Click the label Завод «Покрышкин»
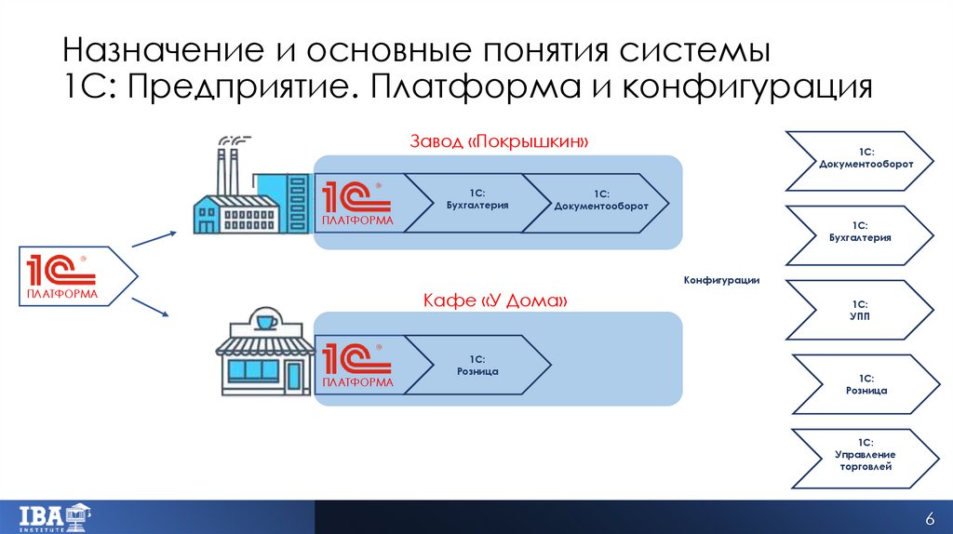501,141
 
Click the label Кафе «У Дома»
494,301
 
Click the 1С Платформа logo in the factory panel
357,203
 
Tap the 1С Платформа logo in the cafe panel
357,365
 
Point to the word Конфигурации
722,280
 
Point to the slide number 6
928,518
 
